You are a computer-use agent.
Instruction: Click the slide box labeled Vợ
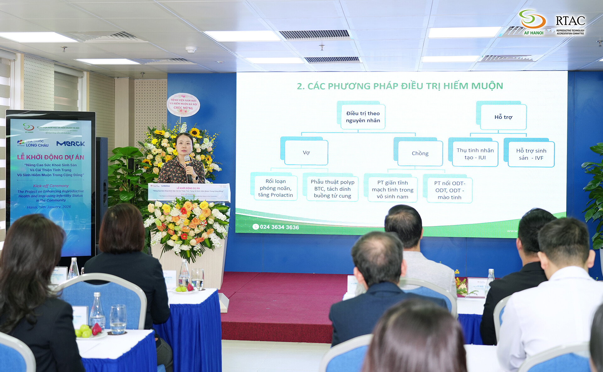(x=306, y=153)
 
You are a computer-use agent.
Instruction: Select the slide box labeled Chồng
(x=420, y=153)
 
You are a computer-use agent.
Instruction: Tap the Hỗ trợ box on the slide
(x=503, y=117)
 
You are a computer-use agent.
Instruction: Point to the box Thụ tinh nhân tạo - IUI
(x=475, y=154)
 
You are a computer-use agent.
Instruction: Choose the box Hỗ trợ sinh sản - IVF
(x=531, y=154)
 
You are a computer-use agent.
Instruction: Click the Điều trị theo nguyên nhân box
(x=363, y=117)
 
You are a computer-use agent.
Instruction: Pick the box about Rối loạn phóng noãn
(x=275, y=188)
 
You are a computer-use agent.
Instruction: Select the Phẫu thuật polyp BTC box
(x=332, y=189)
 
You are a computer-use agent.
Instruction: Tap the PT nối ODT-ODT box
(x=449, y=190)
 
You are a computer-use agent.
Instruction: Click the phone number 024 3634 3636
(x=279, y=227)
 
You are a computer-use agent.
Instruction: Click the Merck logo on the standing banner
(x=71, y=144)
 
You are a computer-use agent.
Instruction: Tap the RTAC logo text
(x=570, y=21)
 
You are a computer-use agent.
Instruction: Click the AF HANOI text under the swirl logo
(x=534, y=33)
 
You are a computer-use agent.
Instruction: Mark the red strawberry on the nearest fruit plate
(x=97, y=329)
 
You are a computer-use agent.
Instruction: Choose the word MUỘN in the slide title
(x=487, y=86)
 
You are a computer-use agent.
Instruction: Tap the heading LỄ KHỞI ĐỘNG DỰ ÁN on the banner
(x=51, y=157)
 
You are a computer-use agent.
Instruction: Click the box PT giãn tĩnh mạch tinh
(x=393, y=190)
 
